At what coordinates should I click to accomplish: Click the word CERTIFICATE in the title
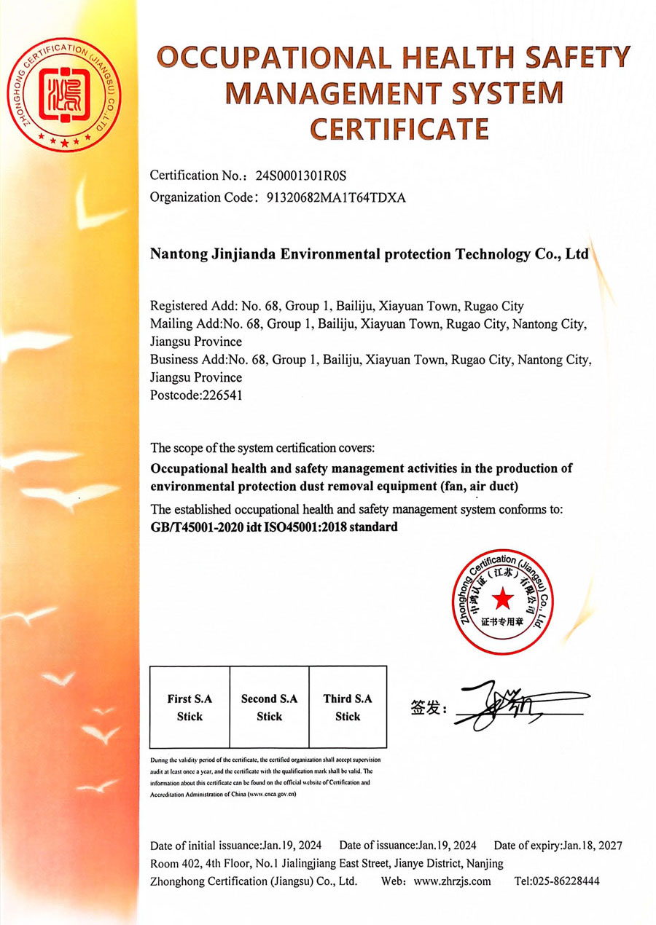[x=399, y=128]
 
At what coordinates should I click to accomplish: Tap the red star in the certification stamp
[x=501, y=599]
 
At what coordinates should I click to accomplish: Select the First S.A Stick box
[x=190, y=707]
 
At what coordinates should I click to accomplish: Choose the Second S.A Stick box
[x=269, y=707]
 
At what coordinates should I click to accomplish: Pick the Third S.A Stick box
[x=348, y=707]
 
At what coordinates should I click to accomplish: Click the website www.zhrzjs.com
[x=452, y=881]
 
